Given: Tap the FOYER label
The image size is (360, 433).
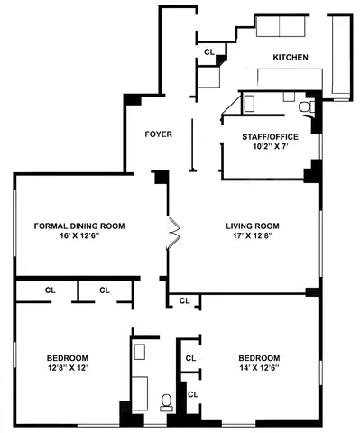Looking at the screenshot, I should (x=159, y=134).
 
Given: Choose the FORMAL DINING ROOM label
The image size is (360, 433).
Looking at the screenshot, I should (x=79, y=226).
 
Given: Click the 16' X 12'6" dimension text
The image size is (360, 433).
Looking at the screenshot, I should (x=79, y=237).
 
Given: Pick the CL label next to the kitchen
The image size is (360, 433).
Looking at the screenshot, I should (x=209, y=52).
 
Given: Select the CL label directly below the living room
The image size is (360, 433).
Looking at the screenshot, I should (x=184, y=300).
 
